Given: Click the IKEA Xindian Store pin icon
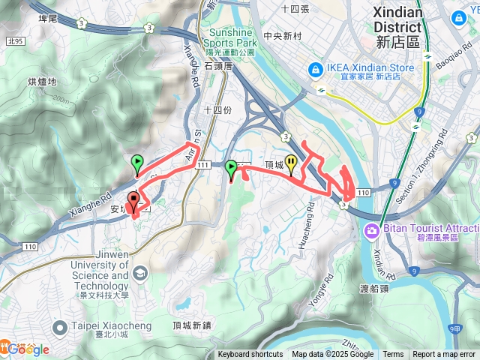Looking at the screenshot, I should (315, 68).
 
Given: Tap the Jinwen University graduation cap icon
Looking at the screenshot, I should (139, 274).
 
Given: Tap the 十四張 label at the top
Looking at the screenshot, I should (295, 8).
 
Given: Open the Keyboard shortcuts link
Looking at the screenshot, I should (250, 355).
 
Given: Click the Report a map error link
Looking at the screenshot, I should (445, 355).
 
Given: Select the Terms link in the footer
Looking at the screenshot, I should (393, 355).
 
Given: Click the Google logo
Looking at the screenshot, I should (28, 349).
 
